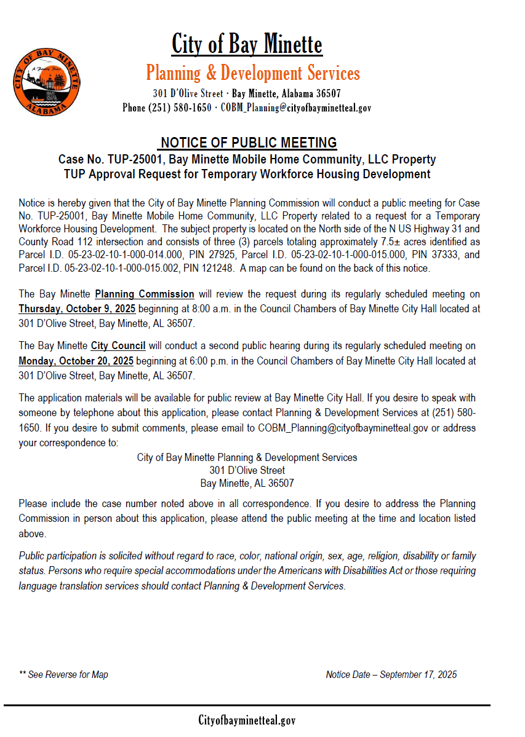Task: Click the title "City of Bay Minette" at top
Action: [x=247, y=44]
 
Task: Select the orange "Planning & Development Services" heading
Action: [x=253, y=73]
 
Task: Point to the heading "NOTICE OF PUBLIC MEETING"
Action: [x=249, y=143]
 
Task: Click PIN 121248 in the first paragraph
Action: [x=209, y=269]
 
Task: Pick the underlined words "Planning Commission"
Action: [x=145, y=294]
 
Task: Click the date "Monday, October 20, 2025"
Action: [x=76, y=360]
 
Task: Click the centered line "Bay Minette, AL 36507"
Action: [x=247, y=483]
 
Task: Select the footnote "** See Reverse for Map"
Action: [x=63, y=675]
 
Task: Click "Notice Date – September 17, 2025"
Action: [x=391, y=675]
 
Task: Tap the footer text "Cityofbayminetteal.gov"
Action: [x=247, y=720]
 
